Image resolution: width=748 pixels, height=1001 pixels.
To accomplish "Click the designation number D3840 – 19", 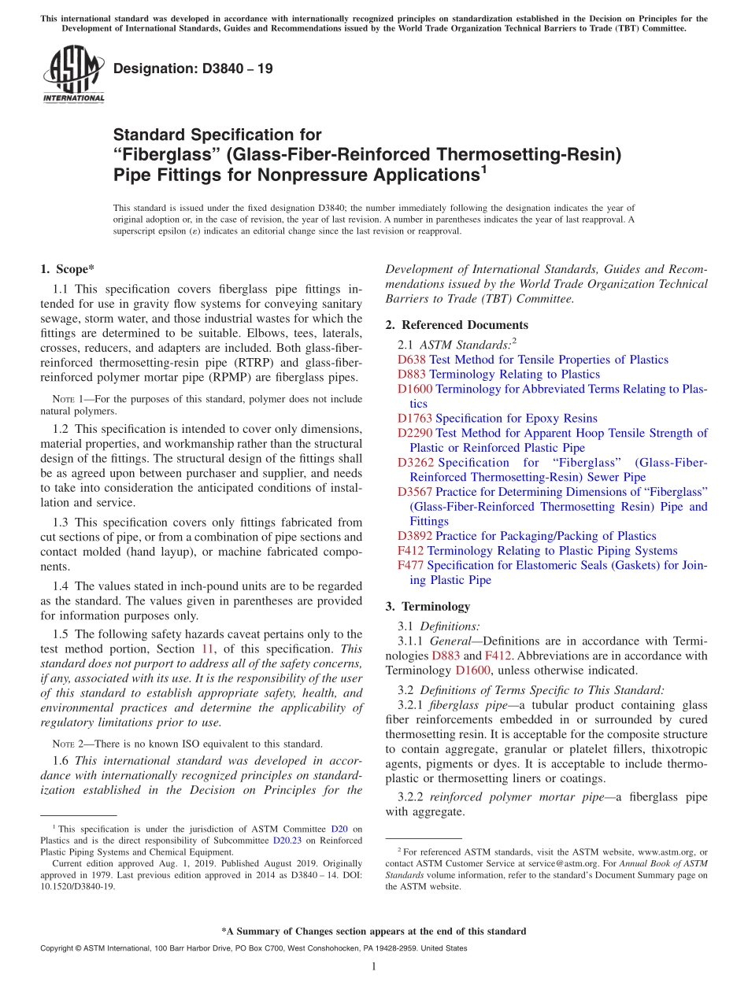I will click(x=193, y=68).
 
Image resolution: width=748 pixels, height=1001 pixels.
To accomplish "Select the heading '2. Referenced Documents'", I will click(x=457, y=325).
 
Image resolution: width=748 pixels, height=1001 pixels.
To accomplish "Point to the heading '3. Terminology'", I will click(x=428, y=607).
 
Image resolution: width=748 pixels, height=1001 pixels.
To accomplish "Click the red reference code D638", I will click(x=411, y=360).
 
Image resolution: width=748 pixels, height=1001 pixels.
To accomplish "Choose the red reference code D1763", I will click(x=414, y=419).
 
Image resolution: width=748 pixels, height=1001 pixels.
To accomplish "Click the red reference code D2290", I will click(x=414, y=433).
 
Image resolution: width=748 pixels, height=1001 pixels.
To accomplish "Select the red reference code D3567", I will click(x=414, y=492).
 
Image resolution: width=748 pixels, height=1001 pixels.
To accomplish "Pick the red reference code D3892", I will click(x=414, y=536).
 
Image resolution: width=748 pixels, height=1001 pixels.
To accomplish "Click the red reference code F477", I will click(x=410, y=566).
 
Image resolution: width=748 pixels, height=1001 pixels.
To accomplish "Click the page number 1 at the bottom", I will click(x=373, y=966).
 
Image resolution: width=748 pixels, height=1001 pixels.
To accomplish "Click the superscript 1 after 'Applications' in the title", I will click(x=483, y=168).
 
